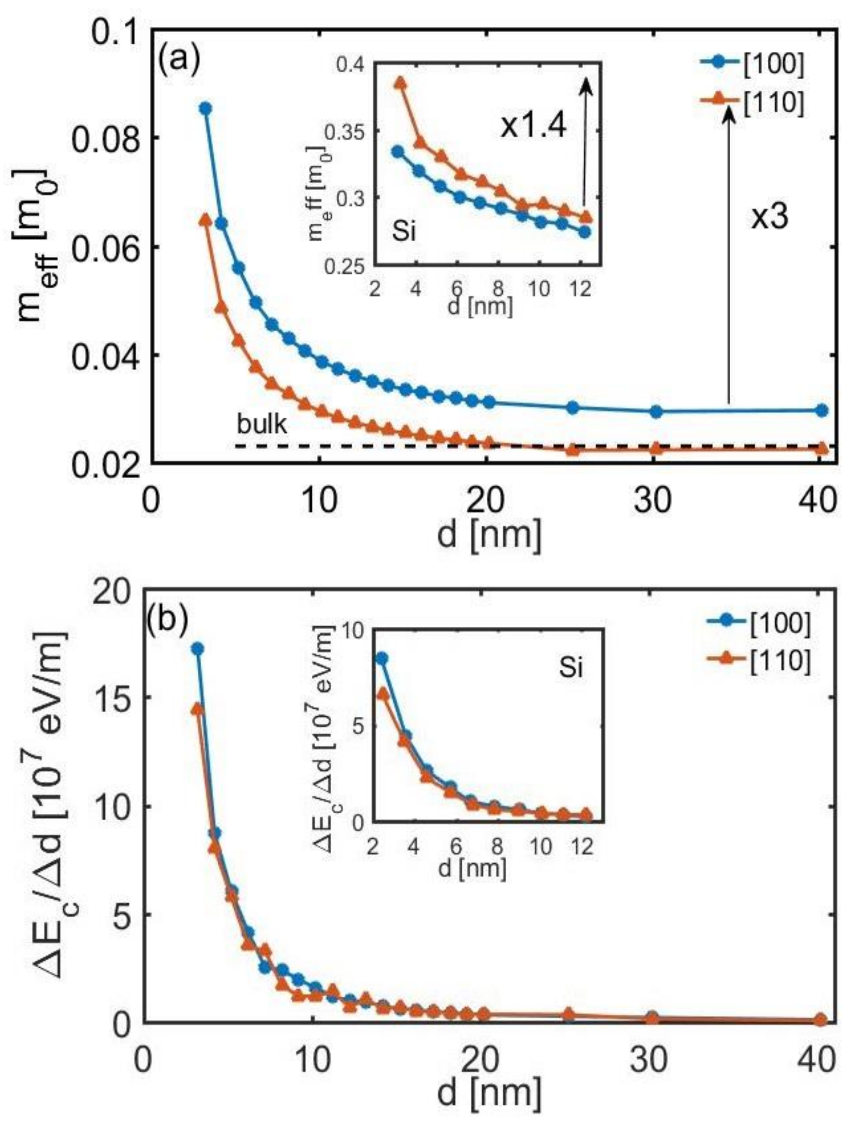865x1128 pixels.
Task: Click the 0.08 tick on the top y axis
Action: [x=105, y=138]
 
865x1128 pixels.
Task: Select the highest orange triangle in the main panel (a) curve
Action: [x=205, y=220]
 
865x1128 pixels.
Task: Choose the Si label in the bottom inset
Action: [x=570, y=668]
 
